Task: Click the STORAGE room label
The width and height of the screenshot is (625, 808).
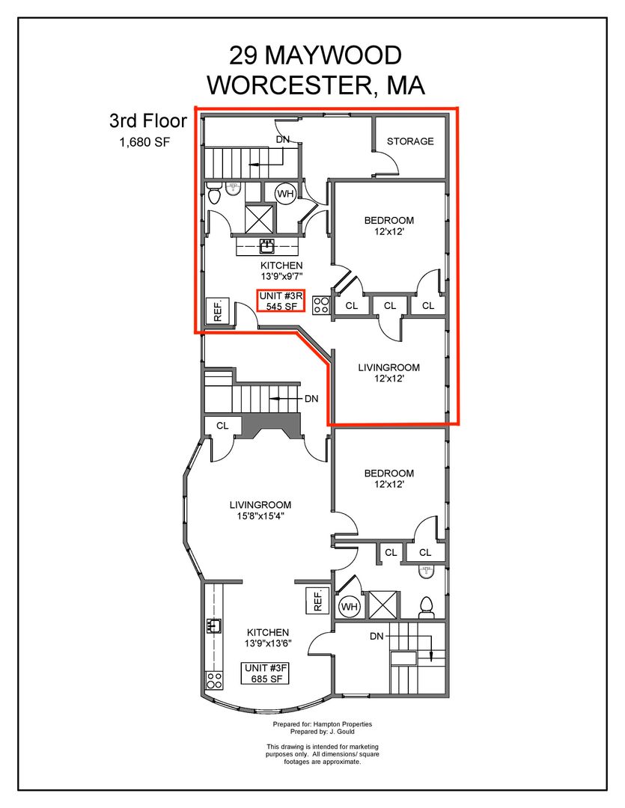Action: coord(410,141)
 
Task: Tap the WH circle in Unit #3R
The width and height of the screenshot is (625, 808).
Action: coord(285,194)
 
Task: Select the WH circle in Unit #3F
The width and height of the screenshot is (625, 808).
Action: coord(349,607)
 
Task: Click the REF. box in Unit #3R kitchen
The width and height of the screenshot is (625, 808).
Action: coord(217,310)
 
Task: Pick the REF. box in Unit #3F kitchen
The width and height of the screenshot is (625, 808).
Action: coord(317,600)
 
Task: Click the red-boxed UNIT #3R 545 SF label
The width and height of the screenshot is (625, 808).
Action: coord(281,301)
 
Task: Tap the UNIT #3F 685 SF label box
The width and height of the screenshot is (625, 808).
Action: coord(266,673)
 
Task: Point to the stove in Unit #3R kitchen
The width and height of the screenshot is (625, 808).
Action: coord(321,304)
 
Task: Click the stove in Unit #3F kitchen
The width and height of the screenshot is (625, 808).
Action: coord(214,680)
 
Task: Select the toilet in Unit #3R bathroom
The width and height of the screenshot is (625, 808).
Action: coord(215,193)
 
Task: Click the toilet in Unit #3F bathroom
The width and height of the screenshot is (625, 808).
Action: coord(426,607)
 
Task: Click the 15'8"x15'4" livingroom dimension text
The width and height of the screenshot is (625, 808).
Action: coord(260,515)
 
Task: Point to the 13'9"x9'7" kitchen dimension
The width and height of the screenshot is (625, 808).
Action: coord(281,276)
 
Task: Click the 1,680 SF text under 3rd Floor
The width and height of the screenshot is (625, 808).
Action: coord(144,142)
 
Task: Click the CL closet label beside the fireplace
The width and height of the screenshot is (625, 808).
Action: coord(222,426)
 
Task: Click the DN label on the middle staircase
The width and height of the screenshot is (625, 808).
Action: coord(311,398)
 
